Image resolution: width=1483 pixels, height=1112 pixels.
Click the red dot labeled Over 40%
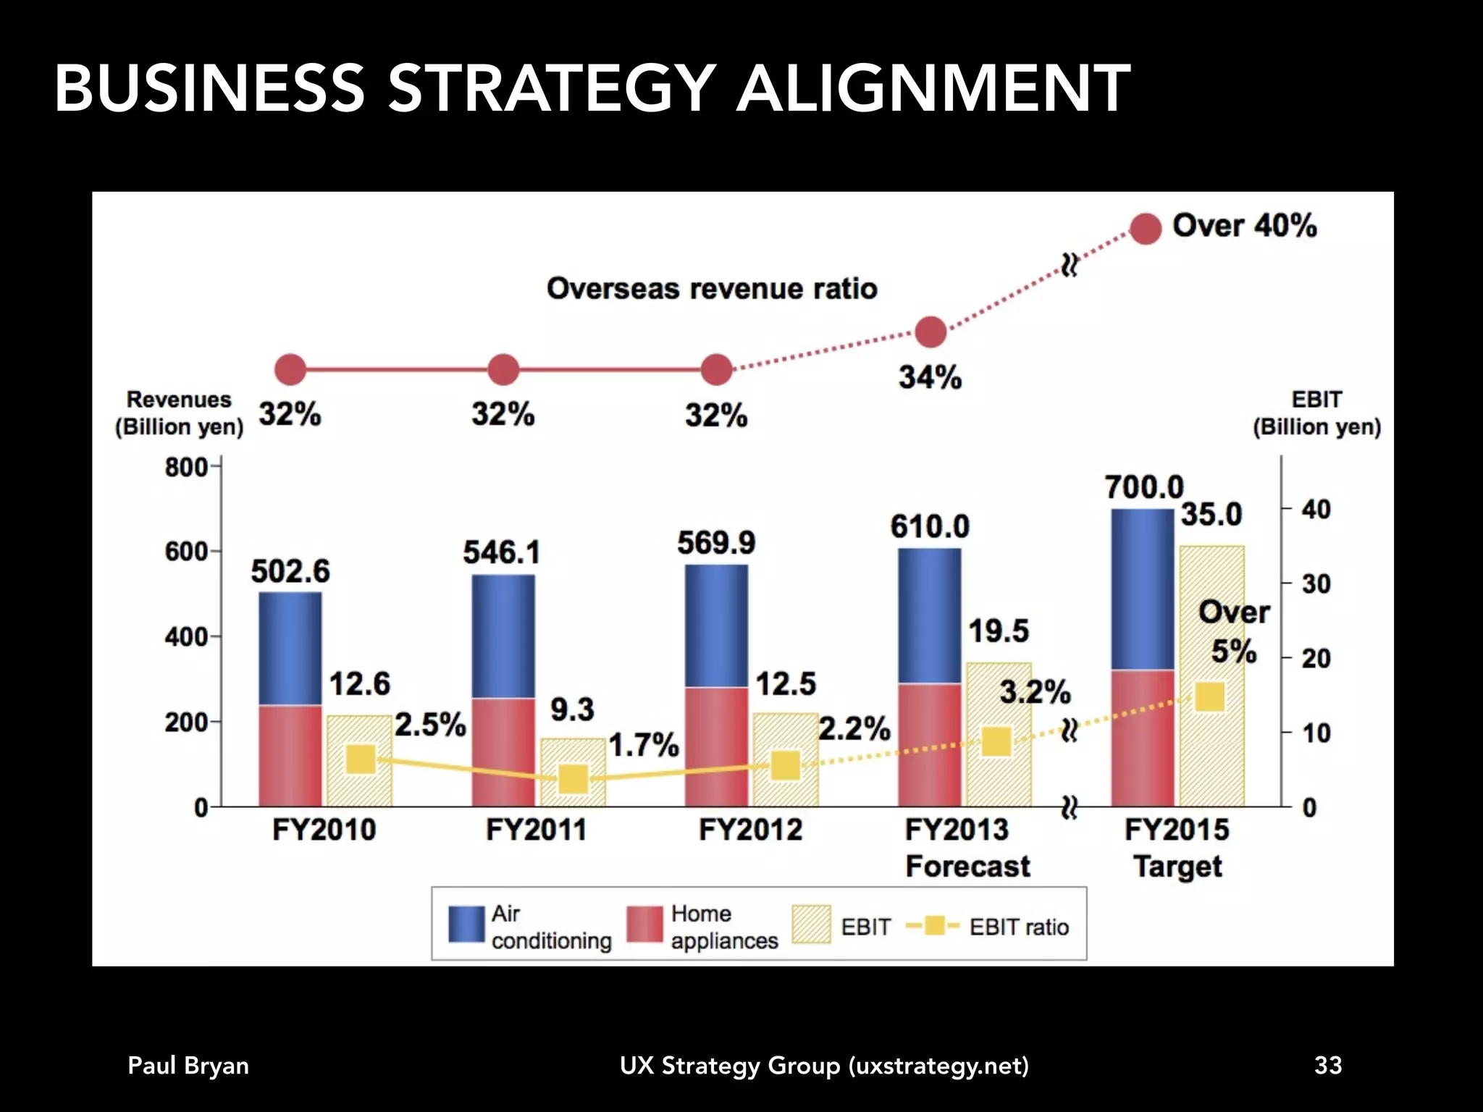(x=1146, y=229)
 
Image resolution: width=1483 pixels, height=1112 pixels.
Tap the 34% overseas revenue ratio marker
(x=930, y=332)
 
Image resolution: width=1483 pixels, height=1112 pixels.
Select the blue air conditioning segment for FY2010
(x=290, y=648)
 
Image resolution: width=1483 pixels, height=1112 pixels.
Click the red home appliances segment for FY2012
(x=716, y=746)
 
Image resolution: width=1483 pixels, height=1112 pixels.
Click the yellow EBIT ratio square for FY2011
(x=573, y=780)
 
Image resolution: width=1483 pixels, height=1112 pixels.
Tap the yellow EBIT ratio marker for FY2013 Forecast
(x=996, y=742)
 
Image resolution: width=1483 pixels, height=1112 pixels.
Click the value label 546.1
(x=502, y=552)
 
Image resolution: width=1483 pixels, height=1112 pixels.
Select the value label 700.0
(x=1143, y=486)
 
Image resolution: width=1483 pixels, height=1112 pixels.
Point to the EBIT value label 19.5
(x=999, y=631)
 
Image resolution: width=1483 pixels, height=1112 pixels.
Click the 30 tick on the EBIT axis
(x=1316, y=584)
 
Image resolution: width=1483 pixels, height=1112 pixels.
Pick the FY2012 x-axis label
(x=750, y=830)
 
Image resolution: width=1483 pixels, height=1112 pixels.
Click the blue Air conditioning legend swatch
(x=466, y=924)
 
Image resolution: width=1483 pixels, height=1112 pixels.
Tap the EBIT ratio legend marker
(x=933, y=926)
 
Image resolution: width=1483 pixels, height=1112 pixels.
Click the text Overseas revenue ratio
(x=712, y=289)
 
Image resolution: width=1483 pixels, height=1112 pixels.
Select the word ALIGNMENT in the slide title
(x=933, y=89)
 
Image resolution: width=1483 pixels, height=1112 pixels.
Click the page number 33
(x=1328, y=1065)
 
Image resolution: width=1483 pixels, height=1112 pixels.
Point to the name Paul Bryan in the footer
(x=188, y=1066)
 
